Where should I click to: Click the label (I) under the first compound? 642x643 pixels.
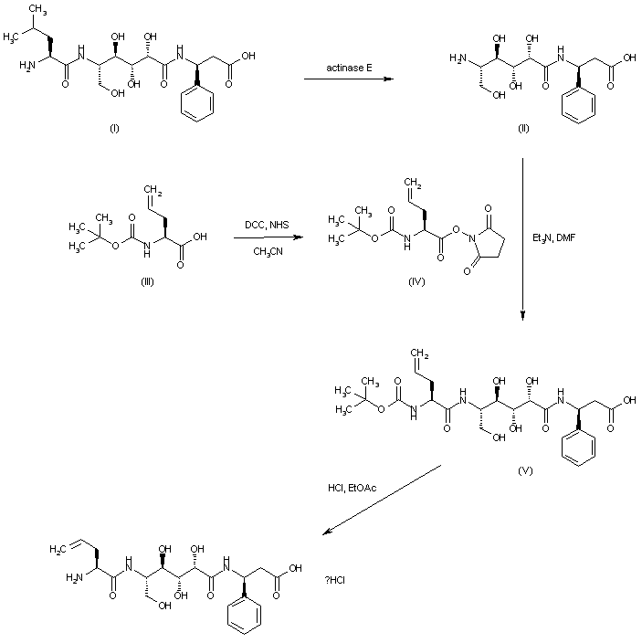point(114,128)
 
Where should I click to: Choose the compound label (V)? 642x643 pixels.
point(524,471)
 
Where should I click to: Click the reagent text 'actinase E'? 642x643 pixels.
point(347,68)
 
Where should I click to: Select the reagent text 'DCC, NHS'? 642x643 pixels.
point(268,225)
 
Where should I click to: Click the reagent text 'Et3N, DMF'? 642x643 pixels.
point(552,238)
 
